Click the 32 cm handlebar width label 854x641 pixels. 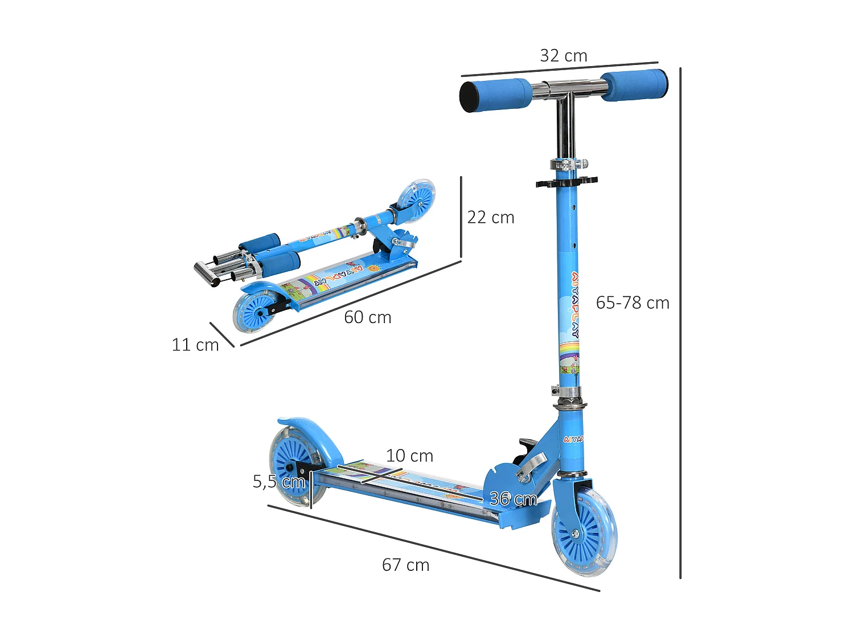pos(563,56)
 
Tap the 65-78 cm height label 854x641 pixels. pos(633,303)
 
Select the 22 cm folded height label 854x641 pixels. pos(491,217)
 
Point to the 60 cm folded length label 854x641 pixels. pos(368,317)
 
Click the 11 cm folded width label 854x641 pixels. pos(195,345)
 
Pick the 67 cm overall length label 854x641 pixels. pos(405,565)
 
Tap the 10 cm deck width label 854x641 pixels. pos(409,456)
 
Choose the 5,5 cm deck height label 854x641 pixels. pos(279,481)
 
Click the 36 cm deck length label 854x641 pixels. pos(513,499)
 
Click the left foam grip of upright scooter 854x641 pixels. pos(495,95)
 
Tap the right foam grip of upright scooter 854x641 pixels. pos(634,85)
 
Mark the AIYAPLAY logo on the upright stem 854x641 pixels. pos(575,305)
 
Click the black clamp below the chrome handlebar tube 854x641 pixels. pos(566,182)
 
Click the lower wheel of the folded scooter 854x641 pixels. pos(254,311)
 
